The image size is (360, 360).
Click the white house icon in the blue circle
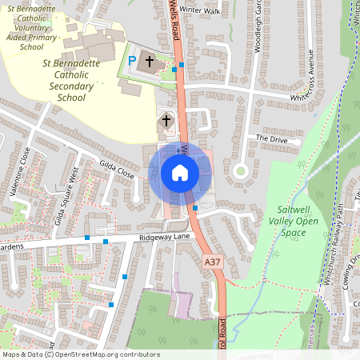[x=179, y=172]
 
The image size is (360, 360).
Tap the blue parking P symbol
[x=132, y=61]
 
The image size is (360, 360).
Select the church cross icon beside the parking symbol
[x=149, y=61]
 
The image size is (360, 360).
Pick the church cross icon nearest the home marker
[x=166, y=121]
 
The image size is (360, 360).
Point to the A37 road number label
[x=212, y=262]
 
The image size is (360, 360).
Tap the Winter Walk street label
[x=199, y=10]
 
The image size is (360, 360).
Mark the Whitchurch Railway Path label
[x=339, y=243]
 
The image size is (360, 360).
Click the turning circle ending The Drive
[x=239, y=170]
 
